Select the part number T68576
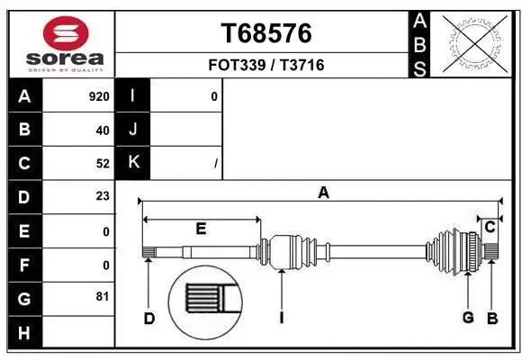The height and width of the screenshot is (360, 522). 266,33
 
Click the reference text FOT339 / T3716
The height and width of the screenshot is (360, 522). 266,65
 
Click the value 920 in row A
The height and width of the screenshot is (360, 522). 99,96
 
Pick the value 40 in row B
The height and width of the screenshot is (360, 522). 103,130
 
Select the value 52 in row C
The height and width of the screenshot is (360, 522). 103,163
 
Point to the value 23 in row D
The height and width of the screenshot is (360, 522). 103,196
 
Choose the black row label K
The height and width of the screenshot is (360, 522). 133,163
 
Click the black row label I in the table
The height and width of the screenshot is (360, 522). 133,96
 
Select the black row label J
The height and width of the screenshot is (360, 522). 133,130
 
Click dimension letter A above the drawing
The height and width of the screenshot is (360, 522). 323,192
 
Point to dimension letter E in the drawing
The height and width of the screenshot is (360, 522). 201,229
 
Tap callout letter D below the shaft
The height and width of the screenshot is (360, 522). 149,318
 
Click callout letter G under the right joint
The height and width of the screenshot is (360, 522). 468,318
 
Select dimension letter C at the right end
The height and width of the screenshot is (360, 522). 490,228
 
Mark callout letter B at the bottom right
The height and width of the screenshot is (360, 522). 492,318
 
